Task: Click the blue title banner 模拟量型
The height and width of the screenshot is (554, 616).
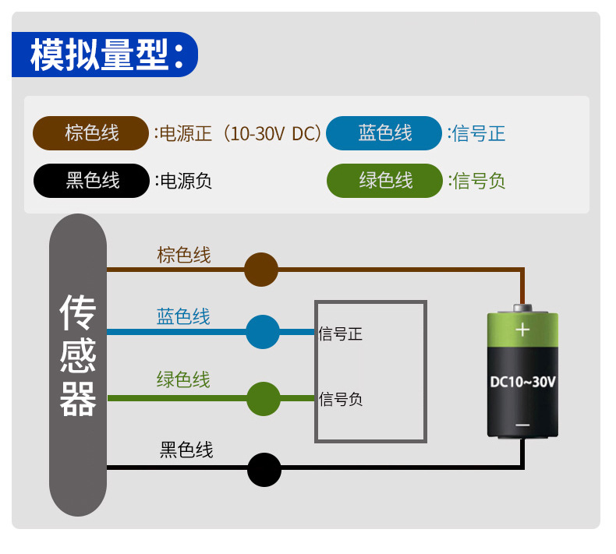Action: [104, 55]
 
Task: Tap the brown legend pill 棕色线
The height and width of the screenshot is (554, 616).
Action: [90, 133]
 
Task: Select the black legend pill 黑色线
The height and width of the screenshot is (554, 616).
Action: [90, 181]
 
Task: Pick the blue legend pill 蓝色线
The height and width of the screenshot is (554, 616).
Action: [384, 133]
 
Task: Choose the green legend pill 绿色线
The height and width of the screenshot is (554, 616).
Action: [384, 181]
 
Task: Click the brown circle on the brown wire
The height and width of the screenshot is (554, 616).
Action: [261, 270]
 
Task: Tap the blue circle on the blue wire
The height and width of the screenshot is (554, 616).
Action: [263, 332]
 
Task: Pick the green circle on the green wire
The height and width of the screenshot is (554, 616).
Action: [264, 399]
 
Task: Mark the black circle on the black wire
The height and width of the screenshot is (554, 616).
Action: [264, 470]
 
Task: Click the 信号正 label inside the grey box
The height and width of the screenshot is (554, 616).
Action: [341, 335]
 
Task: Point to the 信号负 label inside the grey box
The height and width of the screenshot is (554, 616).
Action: [341, 400]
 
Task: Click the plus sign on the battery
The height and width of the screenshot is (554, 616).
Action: [522, 330]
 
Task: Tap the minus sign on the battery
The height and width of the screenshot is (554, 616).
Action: [522, 425]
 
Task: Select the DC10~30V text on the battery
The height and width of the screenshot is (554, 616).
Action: [522, 382]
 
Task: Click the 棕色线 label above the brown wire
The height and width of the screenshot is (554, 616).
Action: [184, 255]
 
